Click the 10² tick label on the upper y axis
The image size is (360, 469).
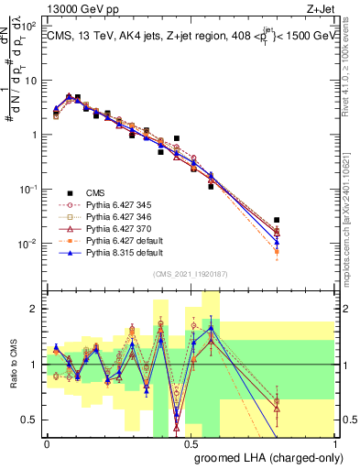tap(29, 26)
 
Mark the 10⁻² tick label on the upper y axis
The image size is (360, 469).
tap(29, 244)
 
